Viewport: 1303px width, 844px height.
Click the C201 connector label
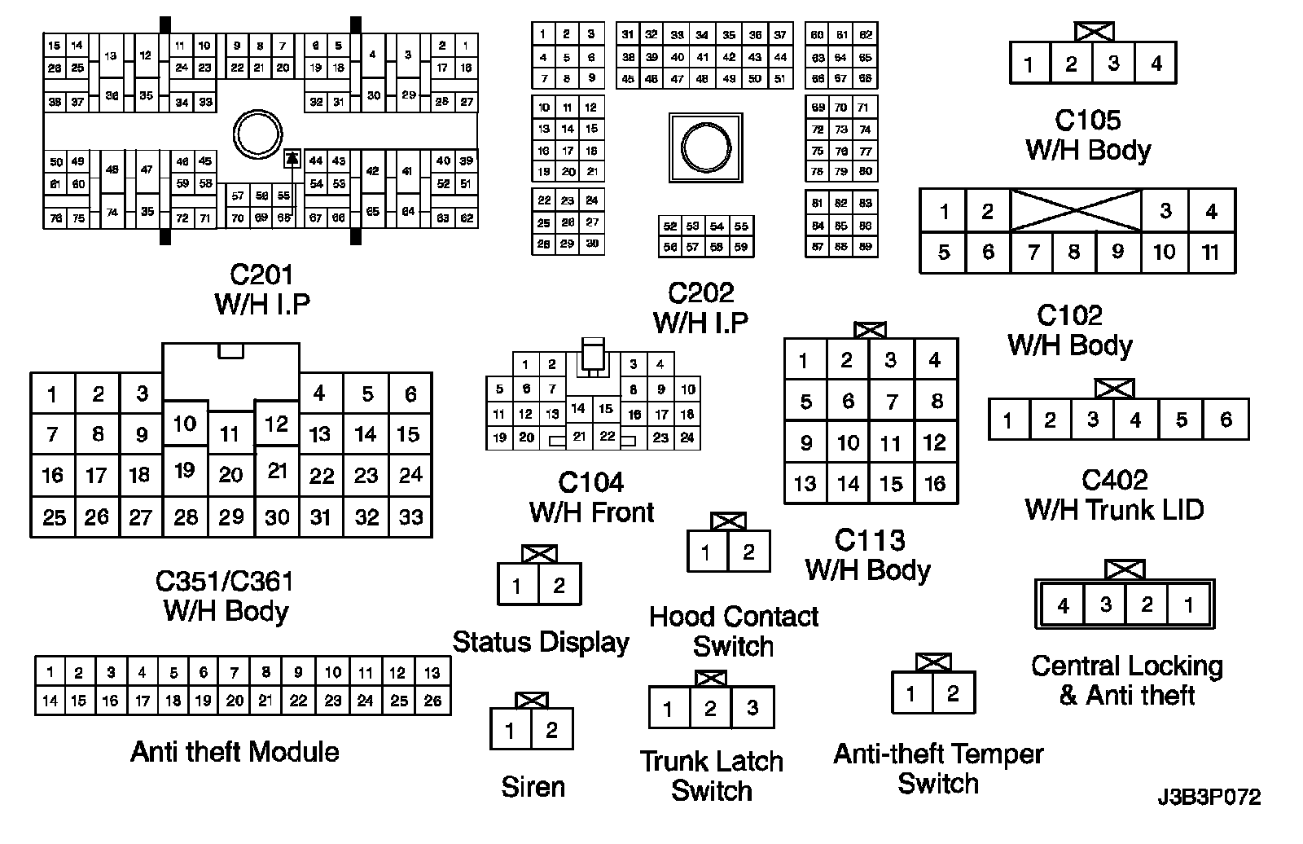coord(261,275)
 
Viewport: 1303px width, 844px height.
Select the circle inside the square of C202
coord(705,147)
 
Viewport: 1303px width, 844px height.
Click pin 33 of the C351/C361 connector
coord(410,517)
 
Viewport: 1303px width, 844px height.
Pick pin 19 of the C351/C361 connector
coord(185,470)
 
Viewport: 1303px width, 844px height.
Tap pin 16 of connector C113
coord(934,484)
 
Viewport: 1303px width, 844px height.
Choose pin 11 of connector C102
coord(1210,253)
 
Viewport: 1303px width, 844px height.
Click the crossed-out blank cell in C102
coord(1075,211)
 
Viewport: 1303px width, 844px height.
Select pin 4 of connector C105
coord(1156,64)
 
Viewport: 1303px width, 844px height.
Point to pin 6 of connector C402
coord(1226,420)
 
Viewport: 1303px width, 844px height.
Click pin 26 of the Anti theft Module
coord(432,700)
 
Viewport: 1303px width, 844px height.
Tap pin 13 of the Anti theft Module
coord(432,672)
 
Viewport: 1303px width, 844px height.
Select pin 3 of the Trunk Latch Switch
coord(752,708)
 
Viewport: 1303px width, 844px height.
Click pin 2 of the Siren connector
coord(551,729)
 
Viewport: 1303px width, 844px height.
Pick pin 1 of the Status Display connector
coord(517,585)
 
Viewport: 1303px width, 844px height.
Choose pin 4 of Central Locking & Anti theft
coord(1063,605)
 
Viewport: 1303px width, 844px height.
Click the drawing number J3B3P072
coord(1209,797)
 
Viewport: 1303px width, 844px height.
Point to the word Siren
coord(533,787)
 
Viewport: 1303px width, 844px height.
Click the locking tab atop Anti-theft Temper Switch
coord(933,662)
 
